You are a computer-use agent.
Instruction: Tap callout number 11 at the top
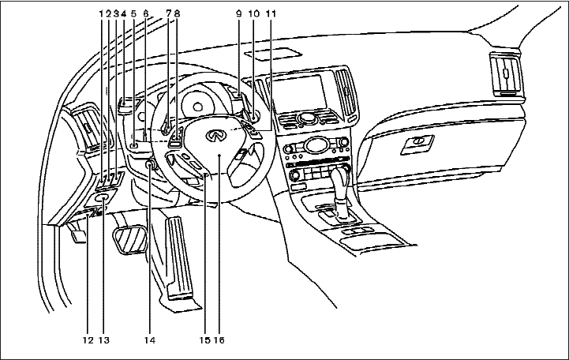[x=270, y=13]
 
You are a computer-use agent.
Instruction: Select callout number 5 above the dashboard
[x=133, y=13]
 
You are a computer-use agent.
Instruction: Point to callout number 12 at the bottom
[x=88, y=341]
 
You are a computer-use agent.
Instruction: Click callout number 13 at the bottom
[x=104, y=341]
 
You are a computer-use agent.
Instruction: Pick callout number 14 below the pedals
[x=148, y=341]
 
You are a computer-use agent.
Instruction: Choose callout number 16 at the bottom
[x=219, y=341]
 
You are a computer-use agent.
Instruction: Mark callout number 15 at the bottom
[x=204, y=341]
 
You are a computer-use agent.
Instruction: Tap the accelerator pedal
[x=178, y=257]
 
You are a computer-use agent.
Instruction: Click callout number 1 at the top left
[x=102, y=13]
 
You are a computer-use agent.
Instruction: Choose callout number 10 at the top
[x=253, y=13]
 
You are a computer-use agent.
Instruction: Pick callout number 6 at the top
[x=146, y=13]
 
